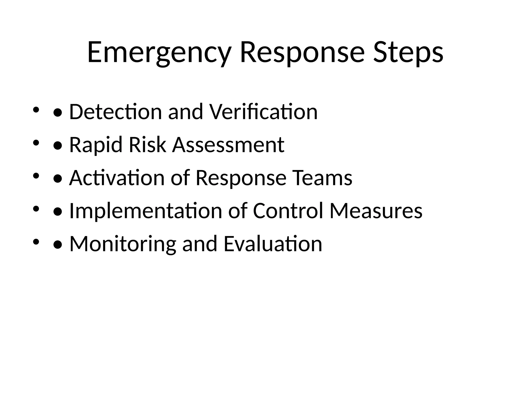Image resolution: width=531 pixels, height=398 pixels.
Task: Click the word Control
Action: (x=288, y=211)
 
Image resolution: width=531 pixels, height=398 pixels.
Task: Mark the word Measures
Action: (x=376, y=211)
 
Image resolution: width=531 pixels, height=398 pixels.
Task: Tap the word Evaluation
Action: (x=273, y=244)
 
